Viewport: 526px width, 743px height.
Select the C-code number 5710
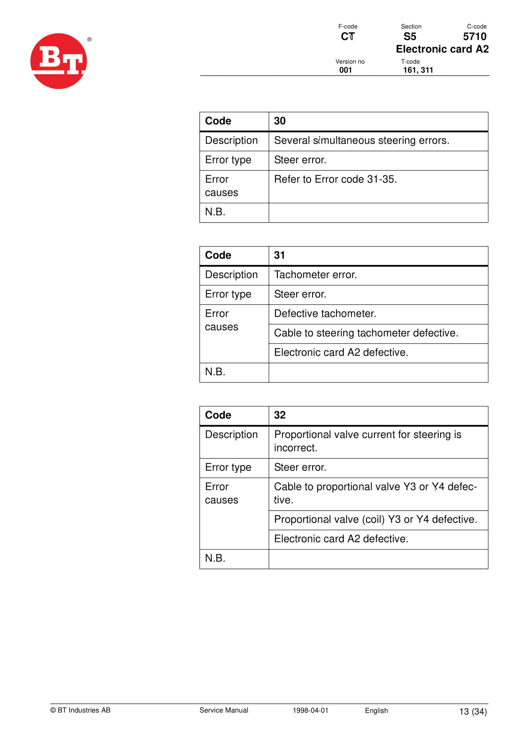[x=474, y=37]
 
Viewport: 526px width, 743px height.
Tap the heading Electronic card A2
[x=442, y=49]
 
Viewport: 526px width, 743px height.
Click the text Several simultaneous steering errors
[x=362, y=140]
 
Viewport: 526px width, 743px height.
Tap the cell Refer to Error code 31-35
[x=335, y=179]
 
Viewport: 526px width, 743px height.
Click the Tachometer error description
[x=315, y=275]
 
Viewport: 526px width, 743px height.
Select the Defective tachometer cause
[x=325, y=314]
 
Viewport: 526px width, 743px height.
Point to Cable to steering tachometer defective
[x=366, y=333]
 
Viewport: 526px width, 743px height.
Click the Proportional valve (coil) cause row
[x=375, y=519]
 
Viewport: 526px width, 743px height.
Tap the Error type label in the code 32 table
[x=228, y=467]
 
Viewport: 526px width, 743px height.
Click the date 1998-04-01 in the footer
[x=310, y=710]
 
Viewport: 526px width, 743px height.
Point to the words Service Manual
[x=223, y=710]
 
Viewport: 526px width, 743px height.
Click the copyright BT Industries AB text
[x=80, y=710]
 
